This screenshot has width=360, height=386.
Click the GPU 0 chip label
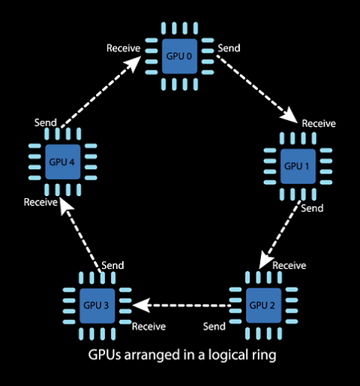pos(179,56)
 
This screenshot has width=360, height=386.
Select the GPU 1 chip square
pos(298,166)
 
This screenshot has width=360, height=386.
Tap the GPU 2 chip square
pos(263,306)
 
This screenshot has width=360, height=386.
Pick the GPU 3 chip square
pos(97,306)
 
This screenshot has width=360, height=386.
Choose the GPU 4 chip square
pos(63,161)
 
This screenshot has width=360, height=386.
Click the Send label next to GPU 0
pos(229,48)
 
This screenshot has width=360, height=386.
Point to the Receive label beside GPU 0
pos(124,48)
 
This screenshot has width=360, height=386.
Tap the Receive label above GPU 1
pos(319,123)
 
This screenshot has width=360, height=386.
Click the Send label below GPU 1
pos(312,208)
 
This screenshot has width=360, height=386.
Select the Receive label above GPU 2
pos(289,265)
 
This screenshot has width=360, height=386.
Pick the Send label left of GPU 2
pos(214,327)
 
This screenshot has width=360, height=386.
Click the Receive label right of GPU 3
pos(148,327)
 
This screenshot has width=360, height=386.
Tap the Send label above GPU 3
pos(112,265)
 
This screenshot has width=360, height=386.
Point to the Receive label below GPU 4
pos(40,202)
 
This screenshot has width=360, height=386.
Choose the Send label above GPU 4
pos(46,122)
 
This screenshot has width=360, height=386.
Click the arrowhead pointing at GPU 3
pos(142,306)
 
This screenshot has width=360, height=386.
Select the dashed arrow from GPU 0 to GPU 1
pos(257,89)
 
